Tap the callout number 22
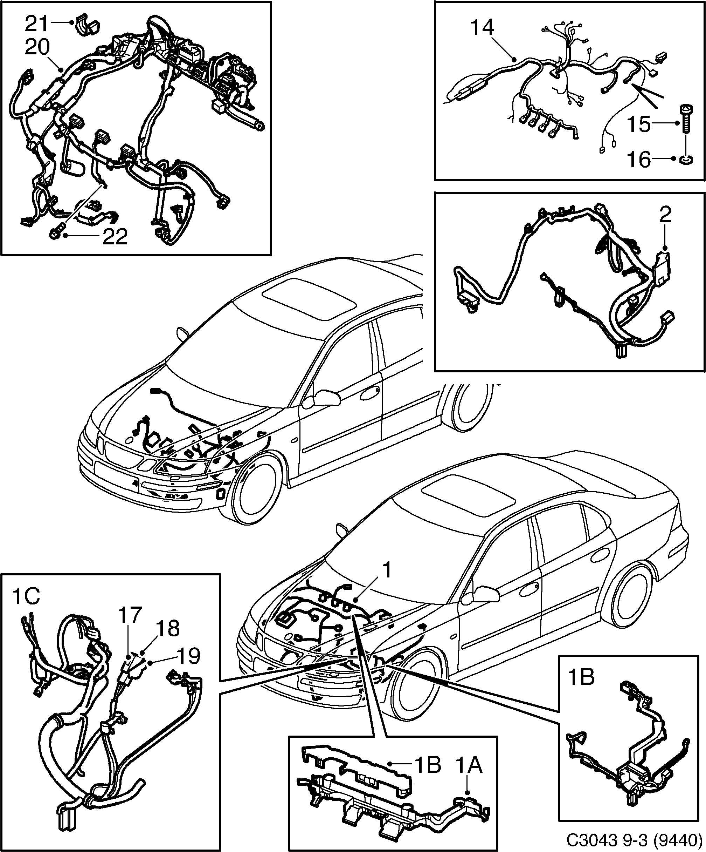pyautogui.click(x=115, y=237)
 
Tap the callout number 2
pyautogui.click(x=665, y=215)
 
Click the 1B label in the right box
pyautogui.click(x=581, y=677)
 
